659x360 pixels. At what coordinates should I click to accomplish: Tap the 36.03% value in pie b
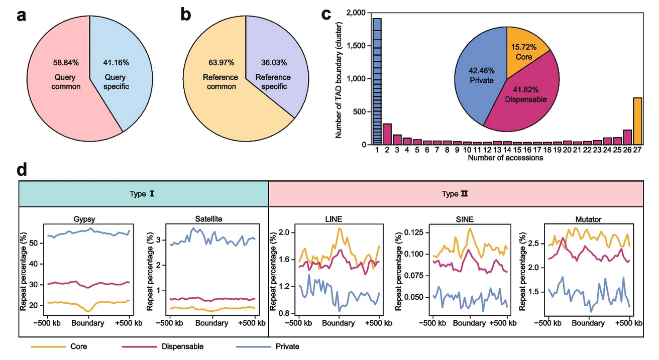[274, 63]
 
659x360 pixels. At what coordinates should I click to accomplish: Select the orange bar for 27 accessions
[637, 121]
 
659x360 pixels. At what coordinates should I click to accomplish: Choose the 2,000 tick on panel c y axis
[355, 13]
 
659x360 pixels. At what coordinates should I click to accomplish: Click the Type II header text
[457, 194]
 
